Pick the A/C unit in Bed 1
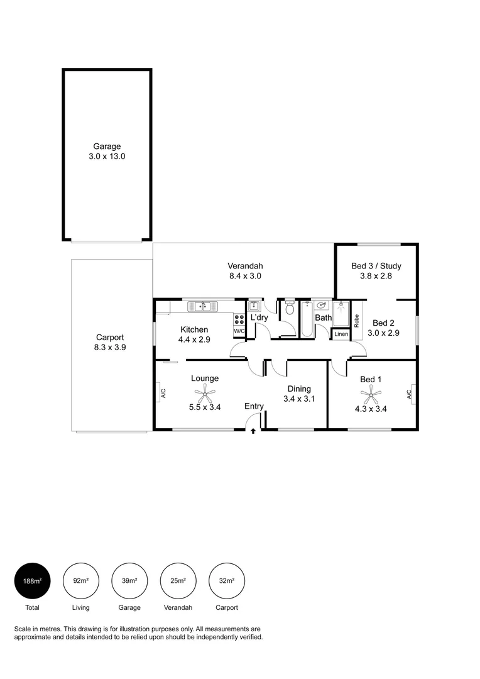click(408, 394)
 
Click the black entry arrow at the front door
click(253, 431)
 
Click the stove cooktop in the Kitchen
click(239, 319)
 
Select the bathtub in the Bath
click(307, 320)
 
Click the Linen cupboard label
click(340, 334)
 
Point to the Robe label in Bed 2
click(356, 321)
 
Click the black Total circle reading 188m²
click(32, 580)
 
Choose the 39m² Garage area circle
click(129, 580)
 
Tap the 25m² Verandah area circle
click(178, 580)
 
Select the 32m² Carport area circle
click(227, 580)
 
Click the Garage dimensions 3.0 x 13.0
click(107, 157)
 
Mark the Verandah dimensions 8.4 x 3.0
click(245, 275)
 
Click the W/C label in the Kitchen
click(239, 331)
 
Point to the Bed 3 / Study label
click(376, 266)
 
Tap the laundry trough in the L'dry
click(254, 307)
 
